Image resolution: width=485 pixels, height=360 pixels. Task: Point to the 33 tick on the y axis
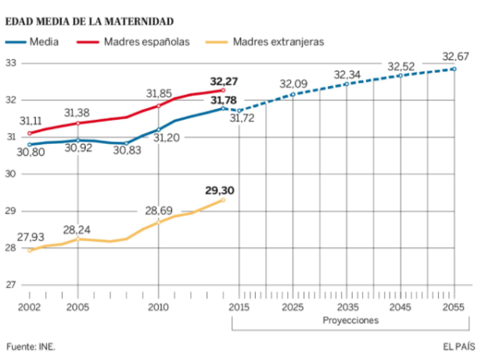[11, 63]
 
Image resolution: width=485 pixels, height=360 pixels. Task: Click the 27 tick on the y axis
[11, 285]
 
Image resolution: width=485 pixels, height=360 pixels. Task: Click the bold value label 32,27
[225, 80]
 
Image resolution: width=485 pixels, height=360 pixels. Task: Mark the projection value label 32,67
[457, 57]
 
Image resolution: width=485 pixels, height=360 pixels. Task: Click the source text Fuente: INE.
[31, 345]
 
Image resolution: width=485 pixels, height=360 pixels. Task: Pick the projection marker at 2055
[454, 69]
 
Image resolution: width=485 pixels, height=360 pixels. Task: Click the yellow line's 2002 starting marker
[29, 250]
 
